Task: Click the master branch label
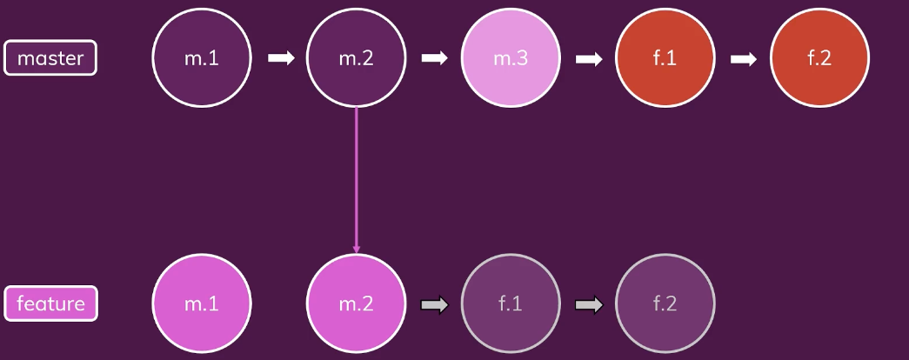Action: click(50, 59)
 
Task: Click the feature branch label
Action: click(50, 304)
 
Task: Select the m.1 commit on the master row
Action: click(201, 59)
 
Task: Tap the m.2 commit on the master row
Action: click(356, 59)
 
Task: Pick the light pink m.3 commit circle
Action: click(510, 59)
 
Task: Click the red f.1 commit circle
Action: click(665, 59)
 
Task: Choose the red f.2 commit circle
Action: click(819, 59)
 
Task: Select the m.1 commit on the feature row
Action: click(201, 304)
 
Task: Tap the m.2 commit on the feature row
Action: click(356, 304)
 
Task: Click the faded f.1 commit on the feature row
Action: click(510, 304)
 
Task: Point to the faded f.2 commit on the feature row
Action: click(665, 304)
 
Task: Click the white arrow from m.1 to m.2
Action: click(280, 59)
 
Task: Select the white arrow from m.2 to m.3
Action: click(434, 59)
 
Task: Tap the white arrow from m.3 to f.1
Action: click(589, 59)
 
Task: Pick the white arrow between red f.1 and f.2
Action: click(743, 59)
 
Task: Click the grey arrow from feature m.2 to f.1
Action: click(434, 305)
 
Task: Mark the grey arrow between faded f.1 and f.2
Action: click(589, 305)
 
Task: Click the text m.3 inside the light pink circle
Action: click(510, 59)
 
